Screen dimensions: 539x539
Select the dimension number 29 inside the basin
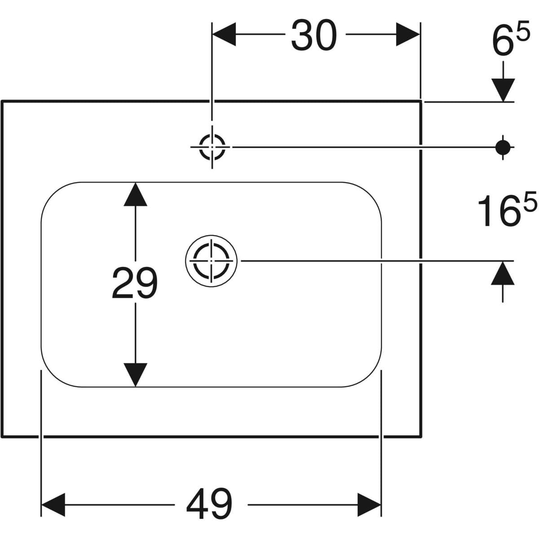point(134,283)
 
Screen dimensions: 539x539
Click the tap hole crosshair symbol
point(212,147)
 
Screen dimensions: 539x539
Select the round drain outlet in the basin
point(211,260)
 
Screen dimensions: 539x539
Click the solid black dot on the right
point(502,146)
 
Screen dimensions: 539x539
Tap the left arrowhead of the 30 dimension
point(224,35)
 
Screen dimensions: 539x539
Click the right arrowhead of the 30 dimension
point(408,35)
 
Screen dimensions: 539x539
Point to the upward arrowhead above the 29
point(135,194)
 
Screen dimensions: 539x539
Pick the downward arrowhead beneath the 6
point(502,89)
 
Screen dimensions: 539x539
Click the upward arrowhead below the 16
point(502,273)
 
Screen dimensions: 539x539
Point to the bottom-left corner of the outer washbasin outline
point(3,435)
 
